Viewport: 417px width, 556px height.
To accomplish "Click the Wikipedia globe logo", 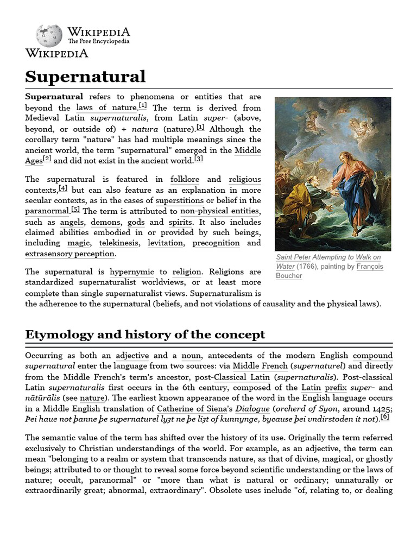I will point(49,35).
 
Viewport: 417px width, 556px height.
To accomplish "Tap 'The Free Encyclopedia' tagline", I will point(99,41).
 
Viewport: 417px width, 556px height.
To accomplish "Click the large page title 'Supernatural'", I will point(85,76).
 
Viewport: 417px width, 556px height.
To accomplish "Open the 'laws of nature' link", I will point(106,108).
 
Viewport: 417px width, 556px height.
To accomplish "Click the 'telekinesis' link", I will point(119,243).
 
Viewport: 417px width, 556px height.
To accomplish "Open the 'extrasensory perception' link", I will point(70,254).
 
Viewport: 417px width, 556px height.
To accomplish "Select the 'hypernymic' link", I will point(133,271).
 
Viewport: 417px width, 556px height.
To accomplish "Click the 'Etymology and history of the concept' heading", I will point(145,334).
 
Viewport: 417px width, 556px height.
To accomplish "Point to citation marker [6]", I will point(384,417).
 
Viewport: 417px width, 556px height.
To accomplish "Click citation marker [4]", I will point(63,188).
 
